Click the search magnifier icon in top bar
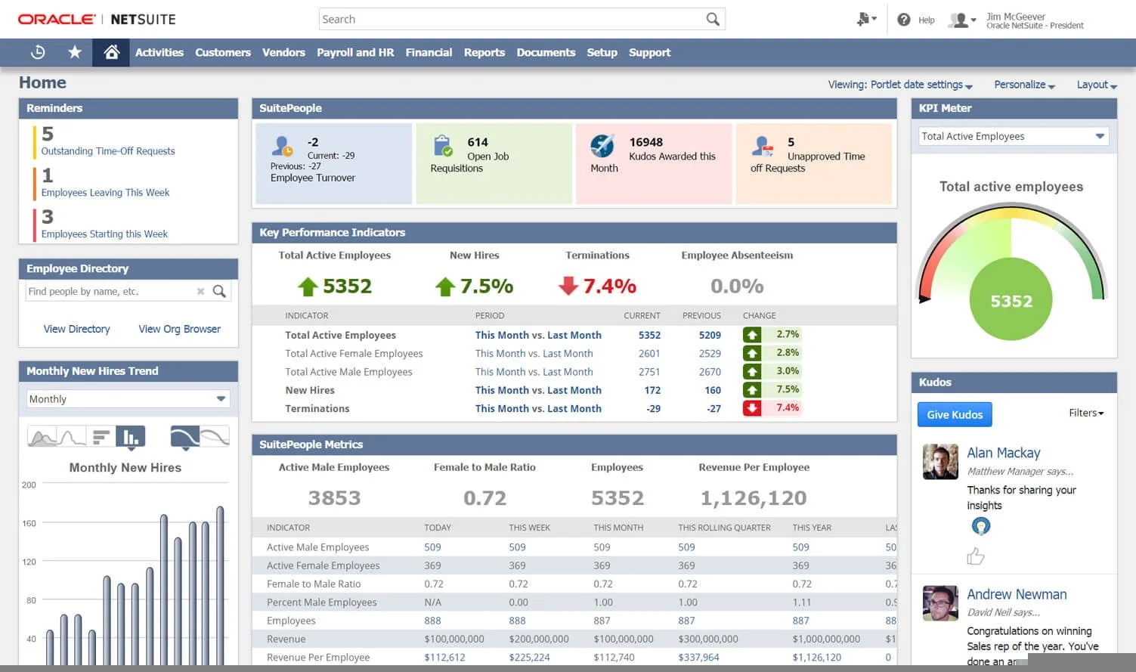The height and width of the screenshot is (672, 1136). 712,19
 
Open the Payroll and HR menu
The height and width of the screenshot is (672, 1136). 355,52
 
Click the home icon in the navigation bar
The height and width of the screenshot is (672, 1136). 111,52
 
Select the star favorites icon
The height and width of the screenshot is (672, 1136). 75,52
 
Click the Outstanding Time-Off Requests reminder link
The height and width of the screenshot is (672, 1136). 108,151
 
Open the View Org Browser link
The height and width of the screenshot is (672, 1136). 179,329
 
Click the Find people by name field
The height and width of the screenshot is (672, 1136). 110,291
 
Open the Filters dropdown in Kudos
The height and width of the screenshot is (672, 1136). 1086,413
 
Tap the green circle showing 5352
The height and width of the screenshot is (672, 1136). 1011,301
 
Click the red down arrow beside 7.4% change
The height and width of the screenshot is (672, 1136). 751,408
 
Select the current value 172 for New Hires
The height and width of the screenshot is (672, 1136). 652,390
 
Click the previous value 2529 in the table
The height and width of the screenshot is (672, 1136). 710,353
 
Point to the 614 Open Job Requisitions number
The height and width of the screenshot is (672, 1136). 478,142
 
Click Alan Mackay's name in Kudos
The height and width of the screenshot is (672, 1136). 1003,453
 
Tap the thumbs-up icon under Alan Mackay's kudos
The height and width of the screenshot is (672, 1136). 975,556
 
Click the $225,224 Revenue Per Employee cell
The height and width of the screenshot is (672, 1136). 529,657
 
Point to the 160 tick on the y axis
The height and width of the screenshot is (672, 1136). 29,523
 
